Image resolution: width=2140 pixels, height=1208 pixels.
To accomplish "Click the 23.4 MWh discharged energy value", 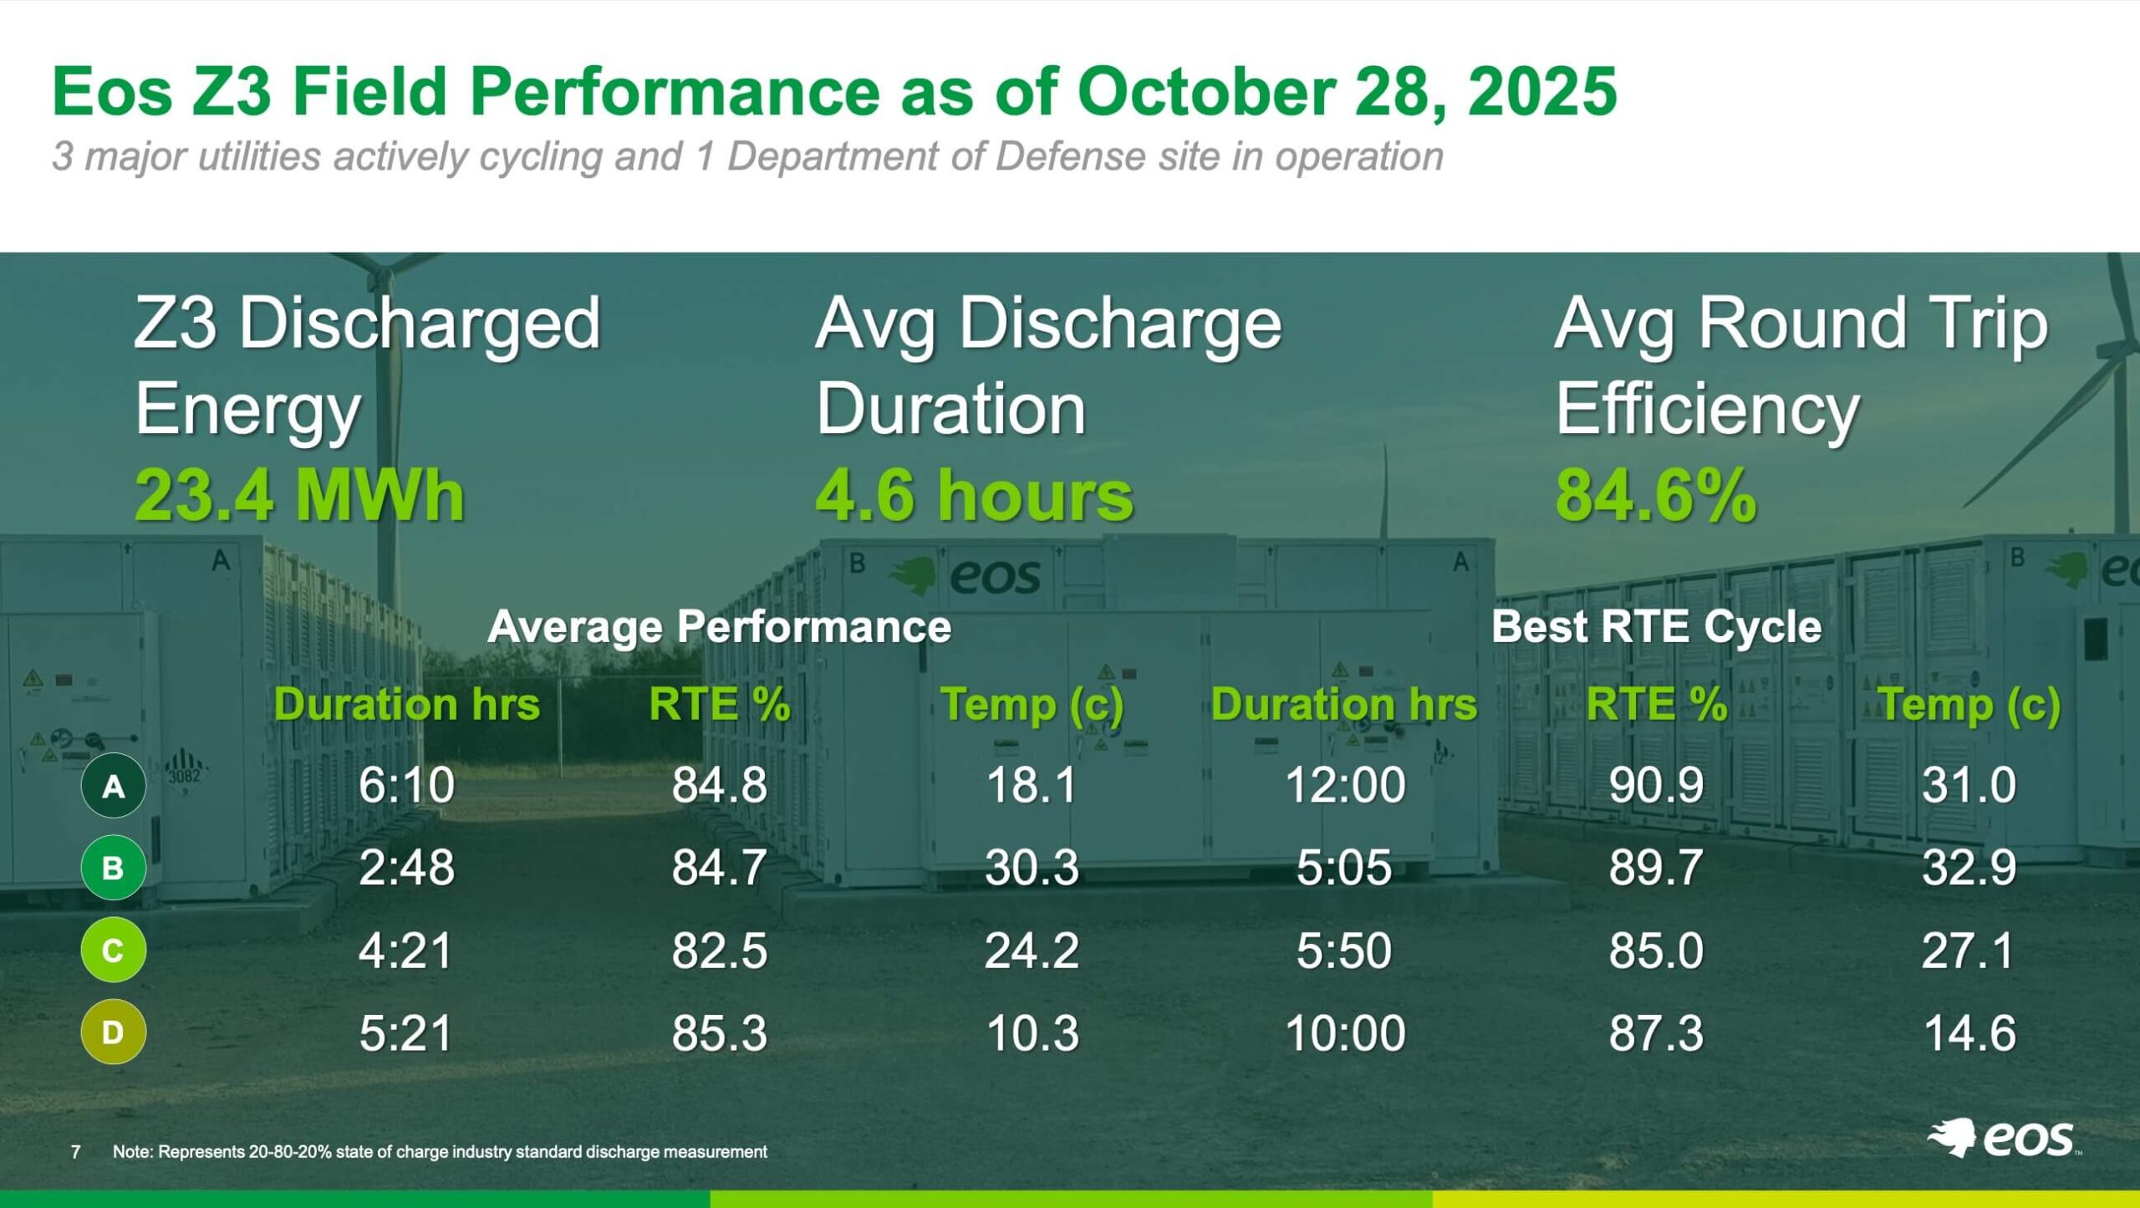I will tap(299, 496).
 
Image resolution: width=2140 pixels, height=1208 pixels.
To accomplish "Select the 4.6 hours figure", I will tap(974, 496).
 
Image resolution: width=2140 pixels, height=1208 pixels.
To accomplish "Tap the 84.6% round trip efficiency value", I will tap(1655, 496).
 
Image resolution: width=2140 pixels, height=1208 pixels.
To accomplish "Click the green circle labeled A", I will tap(113, 786).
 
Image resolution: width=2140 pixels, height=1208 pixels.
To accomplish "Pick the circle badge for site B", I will tap(113, 868).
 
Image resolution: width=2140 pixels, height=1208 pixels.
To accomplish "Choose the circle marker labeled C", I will tap(113, 950).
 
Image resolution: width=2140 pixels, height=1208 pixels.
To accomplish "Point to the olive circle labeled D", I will tap(113, 1032).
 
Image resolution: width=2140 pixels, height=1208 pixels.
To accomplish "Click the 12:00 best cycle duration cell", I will tap(1344, 786).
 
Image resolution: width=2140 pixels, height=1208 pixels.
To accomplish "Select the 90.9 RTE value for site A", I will tap(1656, 786).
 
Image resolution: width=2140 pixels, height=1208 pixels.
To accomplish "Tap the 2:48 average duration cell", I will tap(406, 868).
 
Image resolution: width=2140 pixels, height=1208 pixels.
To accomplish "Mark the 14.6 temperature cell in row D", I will tap(1969, 1033).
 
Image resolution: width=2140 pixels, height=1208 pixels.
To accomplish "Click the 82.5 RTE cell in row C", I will tap(719, 951).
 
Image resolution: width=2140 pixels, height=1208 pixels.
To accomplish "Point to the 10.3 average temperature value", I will tap(1032, 1033).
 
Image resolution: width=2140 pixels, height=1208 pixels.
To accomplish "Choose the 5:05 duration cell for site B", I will tap(1344, 868).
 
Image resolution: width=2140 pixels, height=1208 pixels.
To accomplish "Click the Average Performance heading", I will tap(719, 626).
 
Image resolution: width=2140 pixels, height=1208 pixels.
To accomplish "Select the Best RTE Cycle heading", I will tap(1656, 626).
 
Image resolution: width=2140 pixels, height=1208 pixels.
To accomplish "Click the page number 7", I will tap(76, 1152).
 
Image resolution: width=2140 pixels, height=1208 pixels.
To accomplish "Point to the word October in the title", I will tap(1205, 91).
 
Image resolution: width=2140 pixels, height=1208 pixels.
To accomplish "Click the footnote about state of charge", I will tap(440, 1152).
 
